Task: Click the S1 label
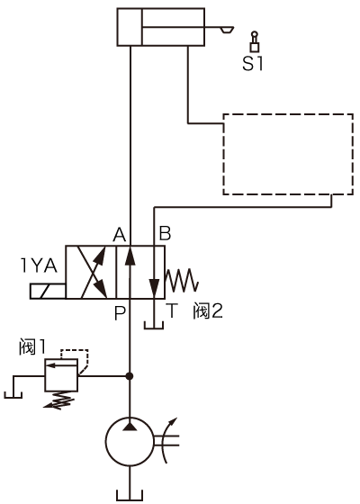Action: click(253, 64)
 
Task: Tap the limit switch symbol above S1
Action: click(255, 41)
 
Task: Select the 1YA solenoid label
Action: click(39, 265)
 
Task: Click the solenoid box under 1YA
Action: click(48, 292)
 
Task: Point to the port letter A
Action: click(119, 234)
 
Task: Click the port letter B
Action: click(166, 234)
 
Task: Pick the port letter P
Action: click(120, 313)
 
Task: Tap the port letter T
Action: click(173, 310)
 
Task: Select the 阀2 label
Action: click(208, 310)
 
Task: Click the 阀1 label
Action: click(31, 346)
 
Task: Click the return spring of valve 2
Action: click(182, 280)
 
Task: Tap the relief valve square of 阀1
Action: click(61, 375)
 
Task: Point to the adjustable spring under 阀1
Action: click(59, 400)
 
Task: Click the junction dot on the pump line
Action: click(130, 376)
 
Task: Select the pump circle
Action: click(130, 442)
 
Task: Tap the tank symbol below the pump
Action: click(130, 495)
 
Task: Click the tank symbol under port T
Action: click(154, 325)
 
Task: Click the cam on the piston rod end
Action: click(227, 30)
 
